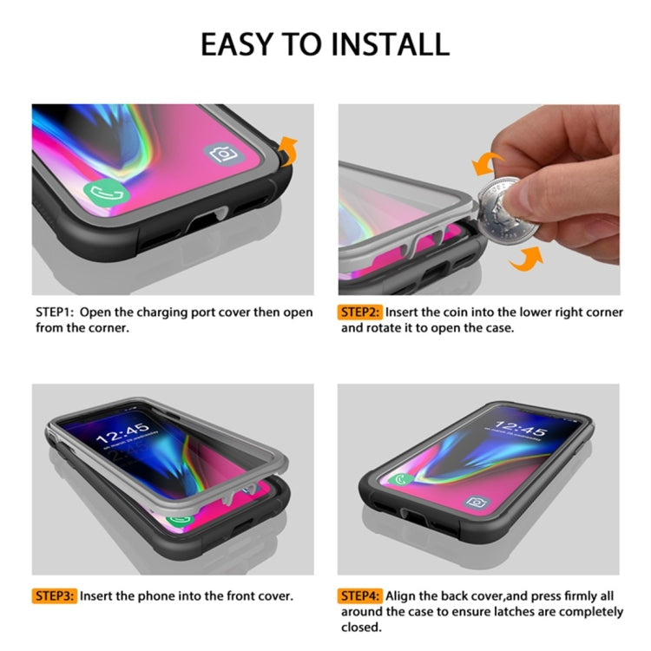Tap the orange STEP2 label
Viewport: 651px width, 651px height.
(360, 312)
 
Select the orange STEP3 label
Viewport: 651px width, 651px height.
(55, 595)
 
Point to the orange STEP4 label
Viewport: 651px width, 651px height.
(360, 595)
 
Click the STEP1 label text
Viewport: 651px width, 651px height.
(55, 312)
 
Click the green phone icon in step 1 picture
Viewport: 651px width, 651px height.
(106, 194)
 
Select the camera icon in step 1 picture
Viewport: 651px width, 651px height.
(224, 155)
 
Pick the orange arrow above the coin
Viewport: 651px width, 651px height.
(486, 163)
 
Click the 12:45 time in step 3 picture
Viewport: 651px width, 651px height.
(123, 433)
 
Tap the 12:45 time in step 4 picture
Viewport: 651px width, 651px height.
(521, 429)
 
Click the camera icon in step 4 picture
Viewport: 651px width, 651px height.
(477, 503)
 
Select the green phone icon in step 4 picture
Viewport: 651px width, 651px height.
(401, 480)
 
